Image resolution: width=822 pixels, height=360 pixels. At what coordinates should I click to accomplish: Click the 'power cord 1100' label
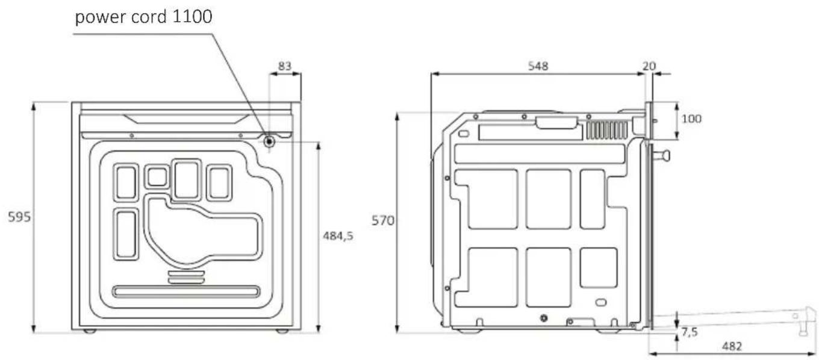(143, 17)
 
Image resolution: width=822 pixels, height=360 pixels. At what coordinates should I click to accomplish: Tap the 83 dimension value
(284, 66)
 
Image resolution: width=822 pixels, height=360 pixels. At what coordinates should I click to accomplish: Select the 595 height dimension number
(19, 217)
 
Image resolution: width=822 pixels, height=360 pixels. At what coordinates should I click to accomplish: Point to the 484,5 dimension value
(338, 236)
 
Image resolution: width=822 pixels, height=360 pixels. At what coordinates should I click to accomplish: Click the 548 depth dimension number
(538, 66)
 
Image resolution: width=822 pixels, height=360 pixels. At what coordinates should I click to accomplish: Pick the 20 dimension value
(649, 66)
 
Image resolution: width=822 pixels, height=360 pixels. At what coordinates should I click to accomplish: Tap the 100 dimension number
(691, 119)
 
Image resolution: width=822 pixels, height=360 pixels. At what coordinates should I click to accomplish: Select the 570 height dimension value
(383, 220)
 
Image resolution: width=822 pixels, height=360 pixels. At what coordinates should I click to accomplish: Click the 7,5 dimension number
(690, 332)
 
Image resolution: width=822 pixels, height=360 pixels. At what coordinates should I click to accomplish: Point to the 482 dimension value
(732, 346)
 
